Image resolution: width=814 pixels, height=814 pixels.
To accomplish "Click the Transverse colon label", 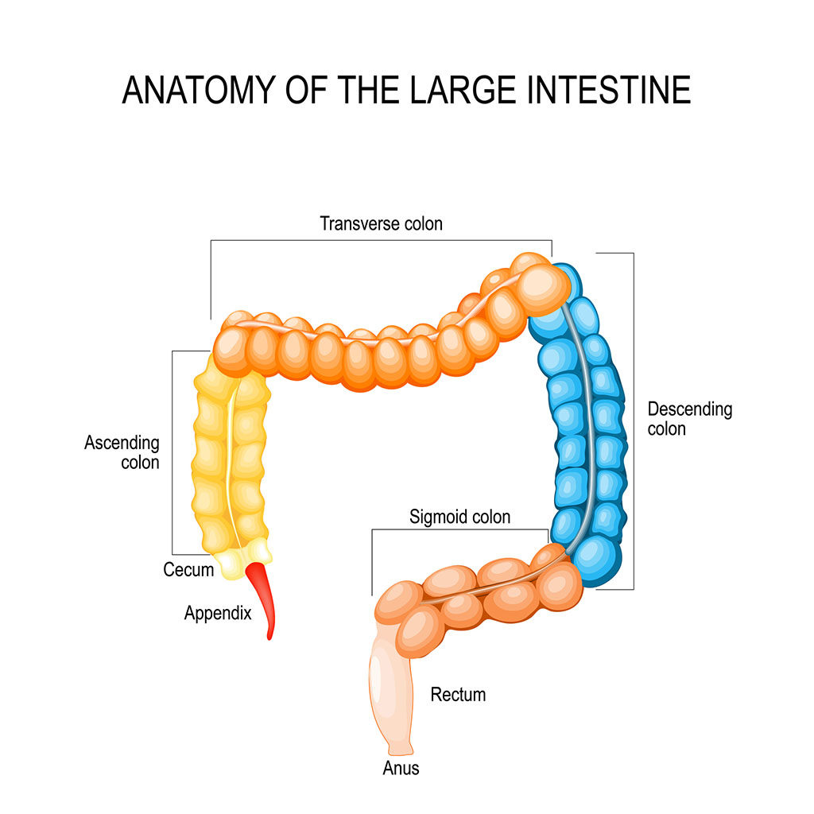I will point(381,223).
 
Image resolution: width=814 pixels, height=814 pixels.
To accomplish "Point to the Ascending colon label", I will point(122,452).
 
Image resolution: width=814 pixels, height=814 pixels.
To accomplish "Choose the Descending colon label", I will point(689,419).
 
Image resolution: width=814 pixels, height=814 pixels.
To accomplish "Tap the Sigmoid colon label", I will point(459,517).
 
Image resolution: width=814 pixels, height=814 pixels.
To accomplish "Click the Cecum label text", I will point(188,570).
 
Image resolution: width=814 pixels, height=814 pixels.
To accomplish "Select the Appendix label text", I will point(217,613).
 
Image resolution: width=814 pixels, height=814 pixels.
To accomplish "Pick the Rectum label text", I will point(458,695).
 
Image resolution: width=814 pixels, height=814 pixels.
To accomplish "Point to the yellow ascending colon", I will point(231,461).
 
